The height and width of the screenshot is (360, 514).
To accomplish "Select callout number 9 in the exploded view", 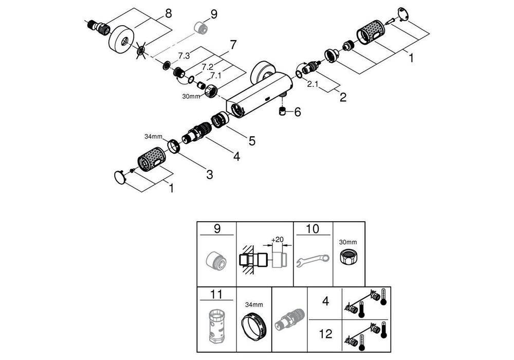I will pyautogui.click(x=214, y=14).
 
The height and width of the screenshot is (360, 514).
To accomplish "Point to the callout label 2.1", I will pyautogui.click(x=314, y=84).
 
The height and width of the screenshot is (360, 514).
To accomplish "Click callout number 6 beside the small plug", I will pyautogui.click(x=297, y=112).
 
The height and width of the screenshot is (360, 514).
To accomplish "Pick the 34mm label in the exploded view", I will pyautogui.click(x=153, y=136).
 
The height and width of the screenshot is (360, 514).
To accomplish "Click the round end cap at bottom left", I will pyautogui.click(x=120, y=177).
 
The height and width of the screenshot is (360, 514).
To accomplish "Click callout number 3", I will pyautogui.click(x=210, y=174).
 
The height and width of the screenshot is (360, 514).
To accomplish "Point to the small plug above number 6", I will pyautogui.click(x=282, y=112).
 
